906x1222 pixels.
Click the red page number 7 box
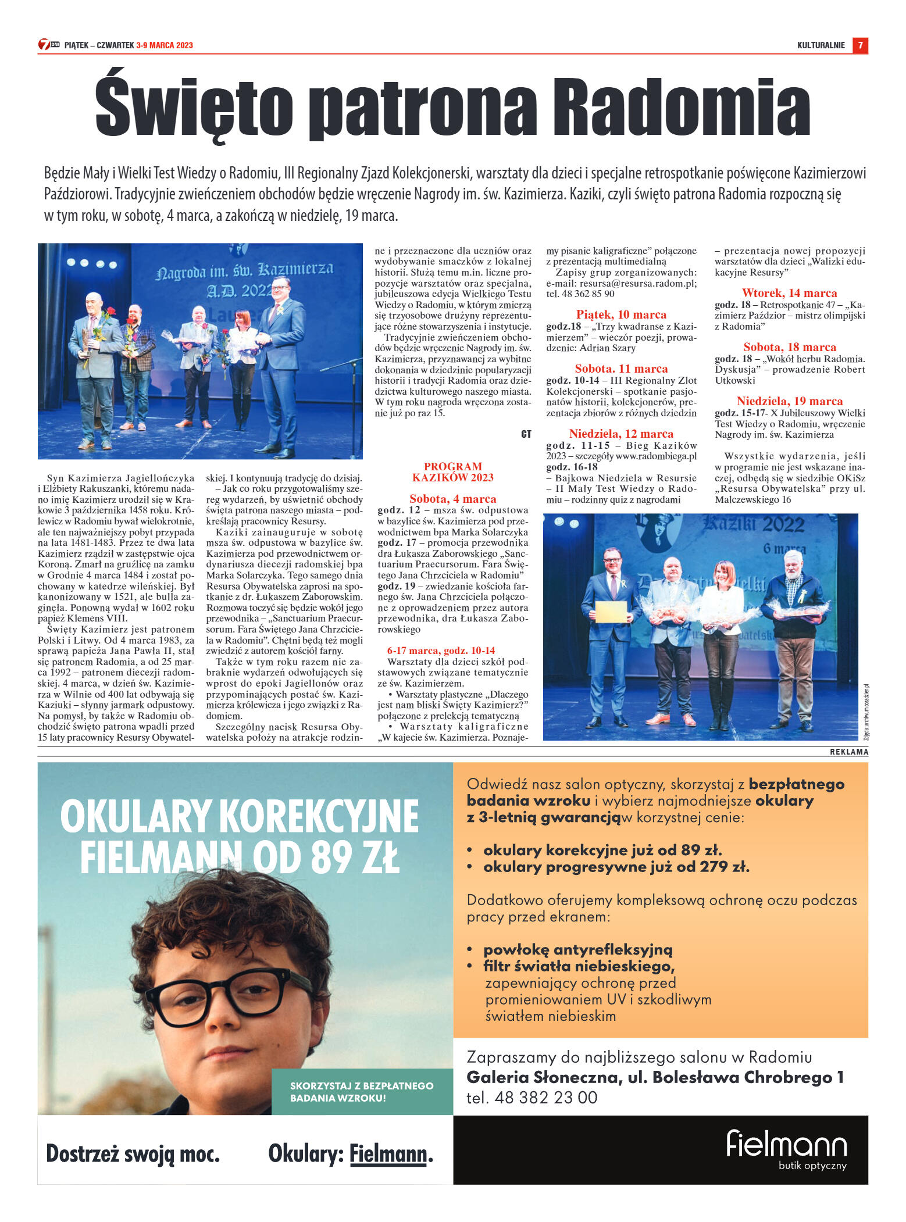click(860, 45)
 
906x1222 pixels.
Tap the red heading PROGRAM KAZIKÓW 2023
click(452, 471)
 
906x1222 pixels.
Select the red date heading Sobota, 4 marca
click(452, 499)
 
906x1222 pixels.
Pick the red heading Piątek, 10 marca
click(621, 315)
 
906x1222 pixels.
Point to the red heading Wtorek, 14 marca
click(789, 293)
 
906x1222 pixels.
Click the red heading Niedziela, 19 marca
click(789, 401)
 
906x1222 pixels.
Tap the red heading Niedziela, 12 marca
click(621, 434)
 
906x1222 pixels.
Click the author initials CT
click(526, 434)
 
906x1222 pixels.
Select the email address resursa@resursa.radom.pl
click(637, 283)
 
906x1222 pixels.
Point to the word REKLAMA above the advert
click(848, 752)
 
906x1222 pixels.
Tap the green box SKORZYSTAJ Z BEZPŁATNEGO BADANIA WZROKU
click(362, 1091)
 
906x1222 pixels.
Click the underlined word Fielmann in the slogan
click(388, 1154)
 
